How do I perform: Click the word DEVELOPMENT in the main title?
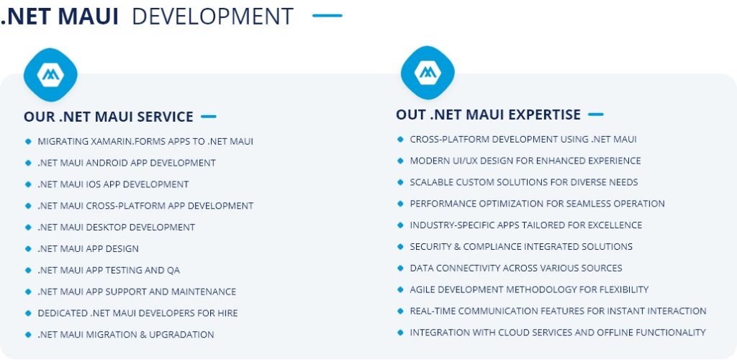212,17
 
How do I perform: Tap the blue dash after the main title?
327,16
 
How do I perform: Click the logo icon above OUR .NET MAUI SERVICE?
51,75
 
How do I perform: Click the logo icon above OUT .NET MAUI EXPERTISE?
428,73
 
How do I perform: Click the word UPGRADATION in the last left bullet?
181,335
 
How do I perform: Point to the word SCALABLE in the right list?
430,182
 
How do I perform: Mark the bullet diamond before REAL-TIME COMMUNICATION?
400,310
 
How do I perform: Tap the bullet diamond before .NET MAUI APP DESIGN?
28,248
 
